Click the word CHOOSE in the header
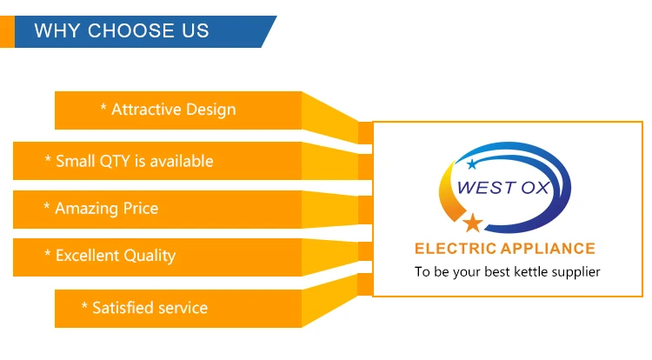click(x=131, y=32)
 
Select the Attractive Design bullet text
click(x=168, y=110)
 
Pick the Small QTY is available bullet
click(x=129, y=161)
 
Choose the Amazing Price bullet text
click(x=101, y=208)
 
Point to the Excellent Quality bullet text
click(x=110, y=256)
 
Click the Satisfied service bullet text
click(x=144, y=308)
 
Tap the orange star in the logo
click(x=472, y=223)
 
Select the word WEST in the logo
click(x=485, y=186)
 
